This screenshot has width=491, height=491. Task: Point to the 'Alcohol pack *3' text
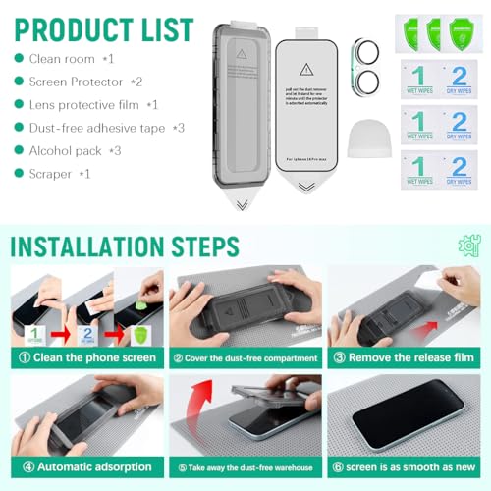75,150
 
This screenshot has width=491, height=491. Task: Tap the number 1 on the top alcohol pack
418,76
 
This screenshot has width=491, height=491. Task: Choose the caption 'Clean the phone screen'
86,357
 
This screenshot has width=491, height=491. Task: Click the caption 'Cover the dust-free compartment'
245,357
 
